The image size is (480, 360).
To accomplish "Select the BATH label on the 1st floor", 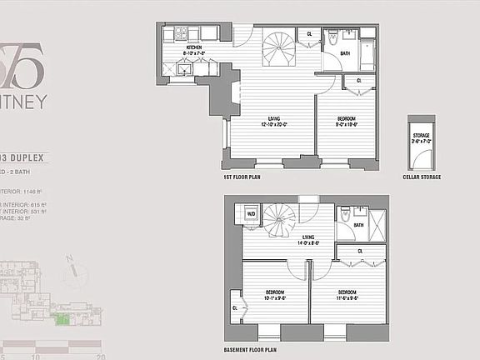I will click(346, 56).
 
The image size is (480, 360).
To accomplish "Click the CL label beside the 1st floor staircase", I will click(310, 33).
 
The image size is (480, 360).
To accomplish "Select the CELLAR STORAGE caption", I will click(421, 177).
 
